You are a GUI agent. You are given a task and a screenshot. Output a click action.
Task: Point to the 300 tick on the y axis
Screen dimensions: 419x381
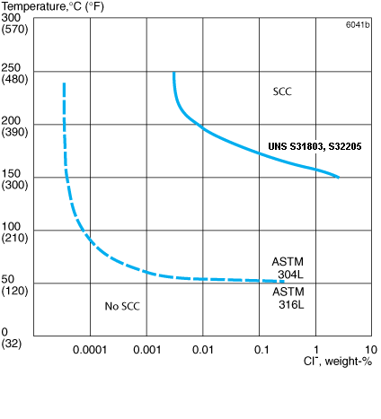pos(11,17)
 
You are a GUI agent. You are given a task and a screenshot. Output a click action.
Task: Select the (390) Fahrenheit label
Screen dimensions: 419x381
pos(13,132)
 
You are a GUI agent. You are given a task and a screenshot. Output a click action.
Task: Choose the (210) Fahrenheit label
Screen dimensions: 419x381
pos(13,238)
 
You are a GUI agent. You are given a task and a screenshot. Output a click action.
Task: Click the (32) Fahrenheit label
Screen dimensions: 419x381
pos(12,344)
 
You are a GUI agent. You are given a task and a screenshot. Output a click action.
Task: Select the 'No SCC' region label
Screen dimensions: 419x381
pos(122,306)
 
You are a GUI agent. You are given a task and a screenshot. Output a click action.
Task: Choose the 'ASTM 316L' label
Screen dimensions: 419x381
pos(288,299)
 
